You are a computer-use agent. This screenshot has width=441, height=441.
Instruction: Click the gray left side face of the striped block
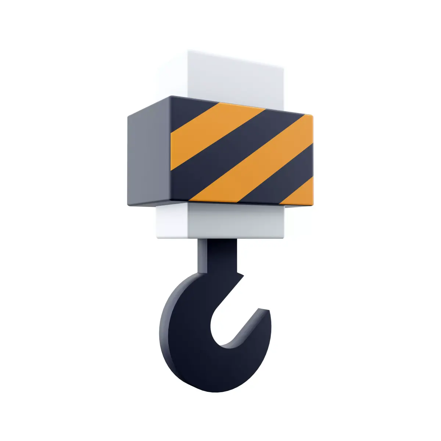tap(149, 158)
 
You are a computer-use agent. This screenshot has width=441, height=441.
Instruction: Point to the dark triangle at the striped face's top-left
tap(187, 110)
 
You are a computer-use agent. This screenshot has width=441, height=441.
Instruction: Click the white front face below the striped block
tap(235, 220)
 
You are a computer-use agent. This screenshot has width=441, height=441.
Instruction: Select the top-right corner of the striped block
tap(312, 115)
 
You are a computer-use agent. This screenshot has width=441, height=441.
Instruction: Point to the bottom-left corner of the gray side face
tap(128, 204)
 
